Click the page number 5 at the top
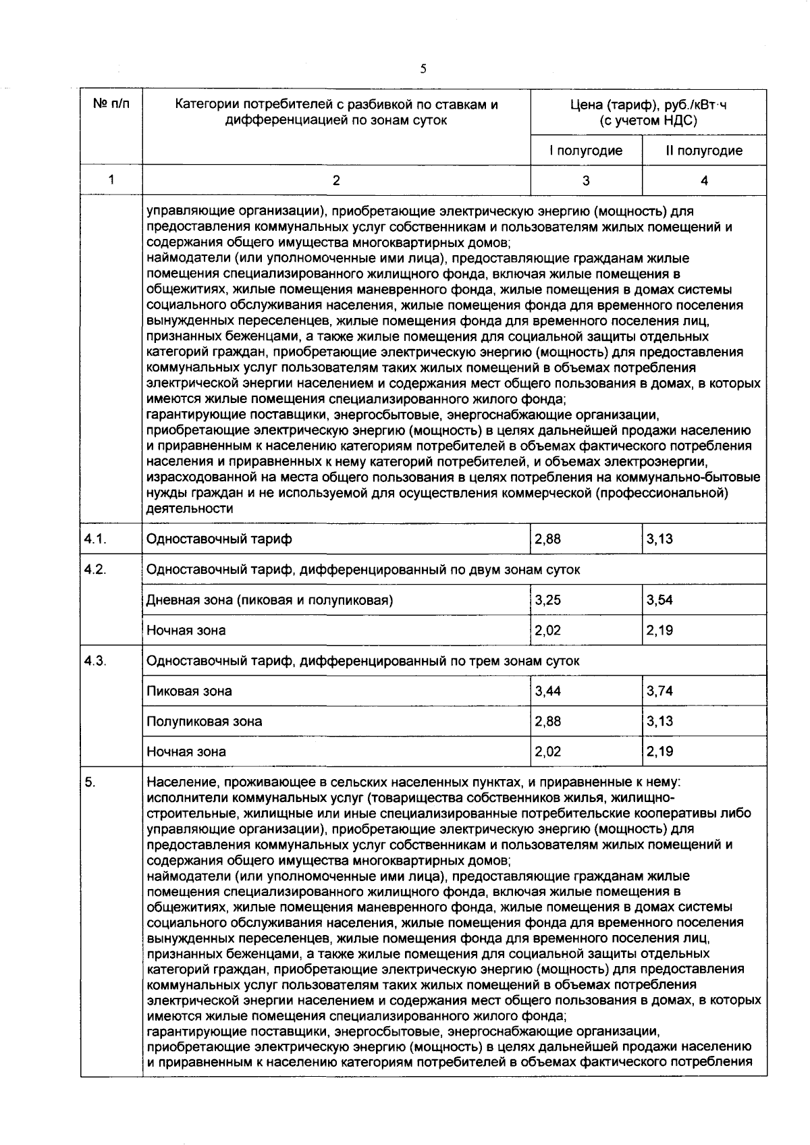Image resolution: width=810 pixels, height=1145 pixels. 423,68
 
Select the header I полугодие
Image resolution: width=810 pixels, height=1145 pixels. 585,151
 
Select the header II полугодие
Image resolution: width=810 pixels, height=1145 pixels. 704,151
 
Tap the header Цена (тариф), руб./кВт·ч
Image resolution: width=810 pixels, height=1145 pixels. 648,105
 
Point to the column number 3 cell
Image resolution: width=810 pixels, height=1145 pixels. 585,180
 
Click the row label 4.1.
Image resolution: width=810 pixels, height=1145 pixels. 96,539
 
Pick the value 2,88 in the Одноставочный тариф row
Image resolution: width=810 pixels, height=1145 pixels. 547,539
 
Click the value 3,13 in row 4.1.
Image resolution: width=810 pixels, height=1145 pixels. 659,539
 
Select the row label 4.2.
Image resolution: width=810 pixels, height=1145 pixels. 96,569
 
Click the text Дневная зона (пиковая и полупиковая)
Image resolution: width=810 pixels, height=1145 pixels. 269,600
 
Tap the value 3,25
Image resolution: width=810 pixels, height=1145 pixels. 547,600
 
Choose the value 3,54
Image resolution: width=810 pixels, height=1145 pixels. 659,600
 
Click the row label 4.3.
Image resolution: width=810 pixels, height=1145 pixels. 96,660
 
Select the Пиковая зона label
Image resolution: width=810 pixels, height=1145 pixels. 189,691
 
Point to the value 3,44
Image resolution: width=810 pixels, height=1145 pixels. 547,691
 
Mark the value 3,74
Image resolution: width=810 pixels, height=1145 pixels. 659,691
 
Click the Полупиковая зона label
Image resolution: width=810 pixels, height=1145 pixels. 204,721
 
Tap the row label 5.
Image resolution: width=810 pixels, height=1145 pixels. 90,782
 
